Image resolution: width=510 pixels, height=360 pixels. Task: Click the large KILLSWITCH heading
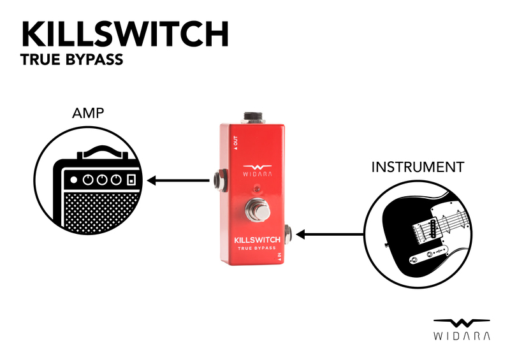(125, 34)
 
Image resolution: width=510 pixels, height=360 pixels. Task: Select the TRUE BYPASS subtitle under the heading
(71, 61)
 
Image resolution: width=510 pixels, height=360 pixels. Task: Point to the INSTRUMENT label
(418, 168)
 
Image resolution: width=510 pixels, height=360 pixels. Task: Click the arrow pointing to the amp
(178, 181)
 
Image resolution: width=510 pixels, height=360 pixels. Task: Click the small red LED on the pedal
(256, 189)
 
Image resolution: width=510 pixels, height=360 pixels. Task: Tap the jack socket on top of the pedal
(254, 118)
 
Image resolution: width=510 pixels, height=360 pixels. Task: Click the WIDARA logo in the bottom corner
(462, 328)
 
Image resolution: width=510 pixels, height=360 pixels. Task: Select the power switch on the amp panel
(131, 180)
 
